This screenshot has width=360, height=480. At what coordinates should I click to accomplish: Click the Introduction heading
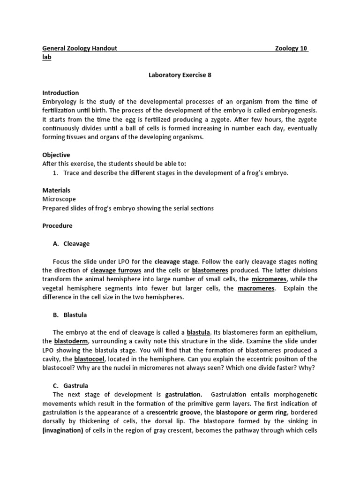click(60, 93)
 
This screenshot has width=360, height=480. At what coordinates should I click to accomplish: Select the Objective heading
click(56, 155)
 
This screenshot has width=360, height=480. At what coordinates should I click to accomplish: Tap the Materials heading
click(56, 190)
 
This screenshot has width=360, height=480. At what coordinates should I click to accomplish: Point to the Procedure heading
click(57, 225)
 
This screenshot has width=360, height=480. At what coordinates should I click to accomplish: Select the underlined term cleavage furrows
click(116, 270)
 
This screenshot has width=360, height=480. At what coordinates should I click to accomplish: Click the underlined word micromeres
click(269, 279)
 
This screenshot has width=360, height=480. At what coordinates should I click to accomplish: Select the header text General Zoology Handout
click(80, 48)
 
